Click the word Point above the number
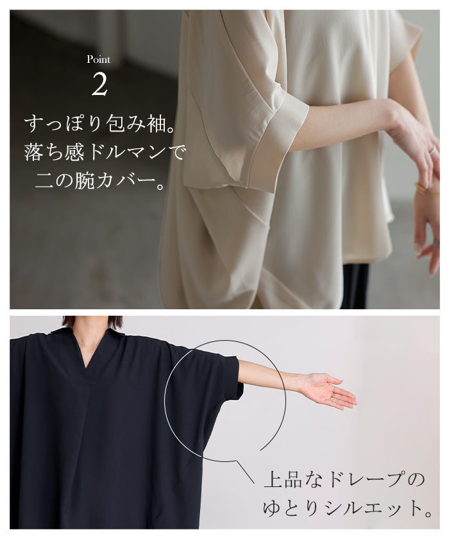98,60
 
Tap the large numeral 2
99,85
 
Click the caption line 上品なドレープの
344,479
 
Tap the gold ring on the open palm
332,395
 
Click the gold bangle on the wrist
428,189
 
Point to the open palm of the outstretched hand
328,391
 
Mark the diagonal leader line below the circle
246,472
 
